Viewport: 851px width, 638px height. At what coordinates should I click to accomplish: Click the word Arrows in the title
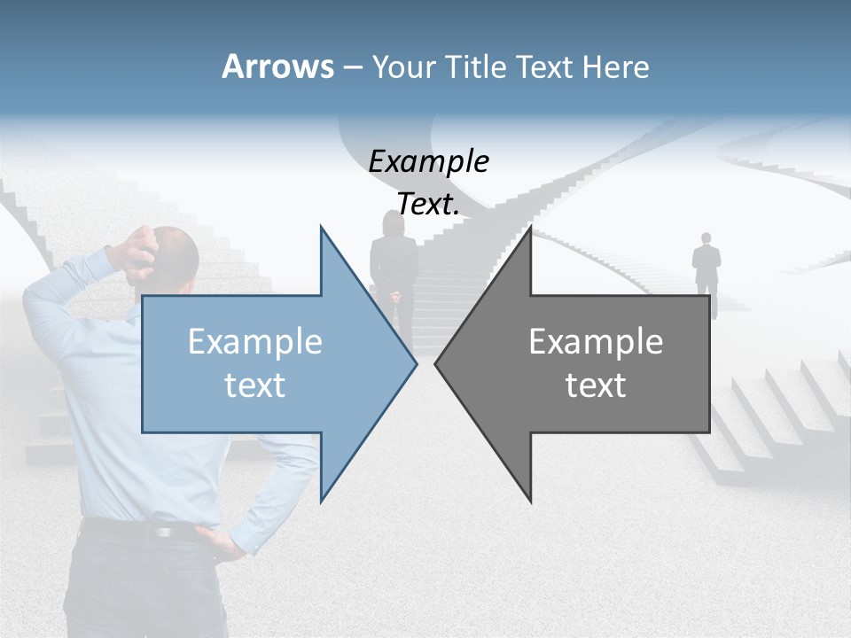coord(277,67)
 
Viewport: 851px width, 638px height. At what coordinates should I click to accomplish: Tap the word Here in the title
coord(616,67)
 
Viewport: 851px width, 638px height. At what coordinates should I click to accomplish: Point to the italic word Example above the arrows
coord(428,161)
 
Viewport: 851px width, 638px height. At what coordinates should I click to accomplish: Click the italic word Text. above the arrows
coord(428,204)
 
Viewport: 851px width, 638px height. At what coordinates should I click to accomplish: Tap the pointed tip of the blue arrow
coord(415,363)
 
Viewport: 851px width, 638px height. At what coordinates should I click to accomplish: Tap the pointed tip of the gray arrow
coord(437,363)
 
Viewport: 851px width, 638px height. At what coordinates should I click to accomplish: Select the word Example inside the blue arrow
coord(255,342)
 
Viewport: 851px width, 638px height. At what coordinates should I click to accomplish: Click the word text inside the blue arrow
coord(255,385)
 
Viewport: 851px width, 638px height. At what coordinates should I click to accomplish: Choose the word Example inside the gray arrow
coord(596,342)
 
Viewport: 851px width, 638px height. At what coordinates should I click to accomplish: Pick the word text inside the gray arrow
coord(596,385)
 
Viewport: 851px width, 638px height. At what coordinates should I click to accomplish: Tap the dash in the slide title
coord(352,67)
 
